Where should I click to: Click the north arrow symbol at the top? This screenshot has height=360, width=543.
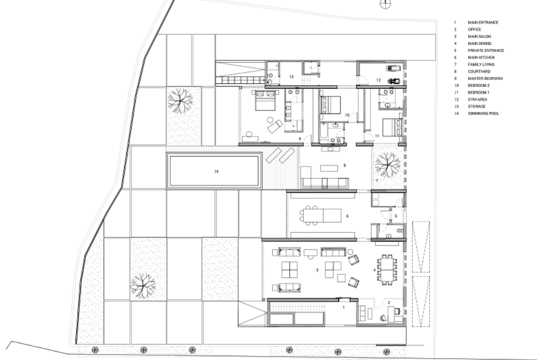[385, 3]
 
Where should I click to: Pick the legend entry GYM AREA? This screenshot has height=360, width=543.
[479, 100]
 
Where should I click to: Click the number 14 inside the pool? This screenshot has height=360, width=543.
[216, 171]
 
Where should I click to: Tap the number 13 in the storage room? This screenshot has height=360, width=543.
[291, 77]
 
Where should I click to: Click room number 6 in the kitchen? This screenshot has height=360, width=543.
[348, 216]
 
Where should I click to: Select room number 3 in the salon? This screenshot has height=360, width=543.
[318, 270]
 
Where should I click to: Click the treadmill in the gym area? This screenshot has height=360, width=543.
[392, 69]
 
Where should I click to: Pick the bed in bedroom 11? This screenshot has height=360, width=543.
[390, 126]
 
